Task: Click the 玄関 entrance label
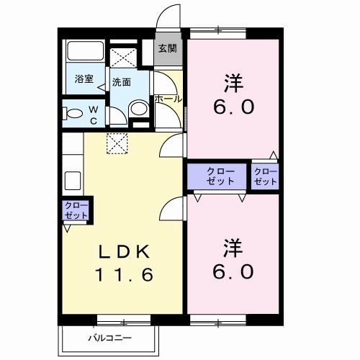click(x=167, y=48)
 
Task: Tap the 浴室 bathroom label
click(x=84, y=79)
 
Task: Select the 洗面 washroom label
click(x=121, y=82)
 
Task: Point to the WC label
click(x=93, y=115)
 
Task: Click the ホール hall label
click(x=168, y=98)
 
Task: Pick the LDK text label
click(x=125, y=252)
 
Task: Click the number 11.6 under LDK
click(x=125, y=275)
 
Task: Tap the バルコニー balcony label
click(x=110, y=336)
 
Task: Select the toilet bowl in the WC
click(x=72, y=114)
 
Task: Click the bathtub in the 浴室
click(x=86, y=54)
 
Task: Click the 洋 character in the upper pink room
click(x=232, y=84)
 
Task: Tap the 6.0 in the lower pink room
click(x=232, y=272)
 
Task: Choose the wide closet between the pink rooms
click(x=219, y=176)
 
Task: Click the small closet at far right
click(x=265, y=176)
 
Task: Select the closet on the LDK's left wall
click(x=76, y=211)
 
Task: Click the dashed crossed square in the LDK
click(x=115, y=143)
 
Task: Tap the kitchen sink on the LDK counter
click(x=72, y=179)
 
